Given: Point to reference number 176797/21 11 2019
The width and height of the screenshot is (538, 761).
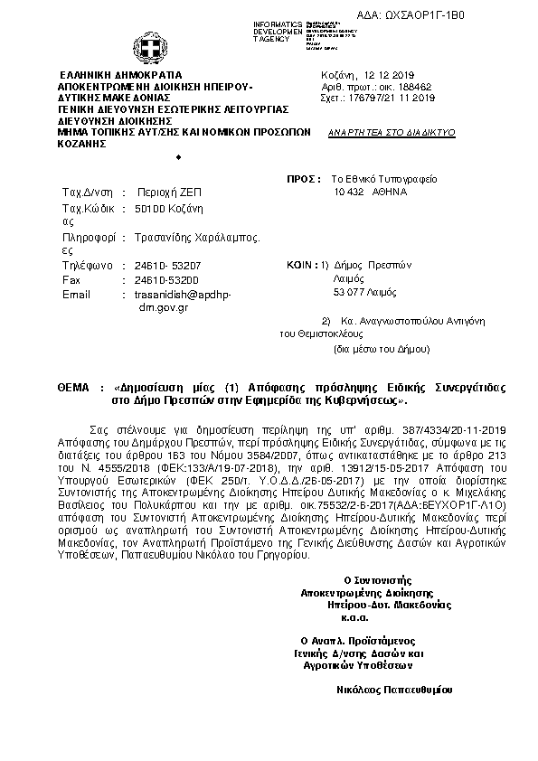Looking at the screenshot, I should click(388, 99).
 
